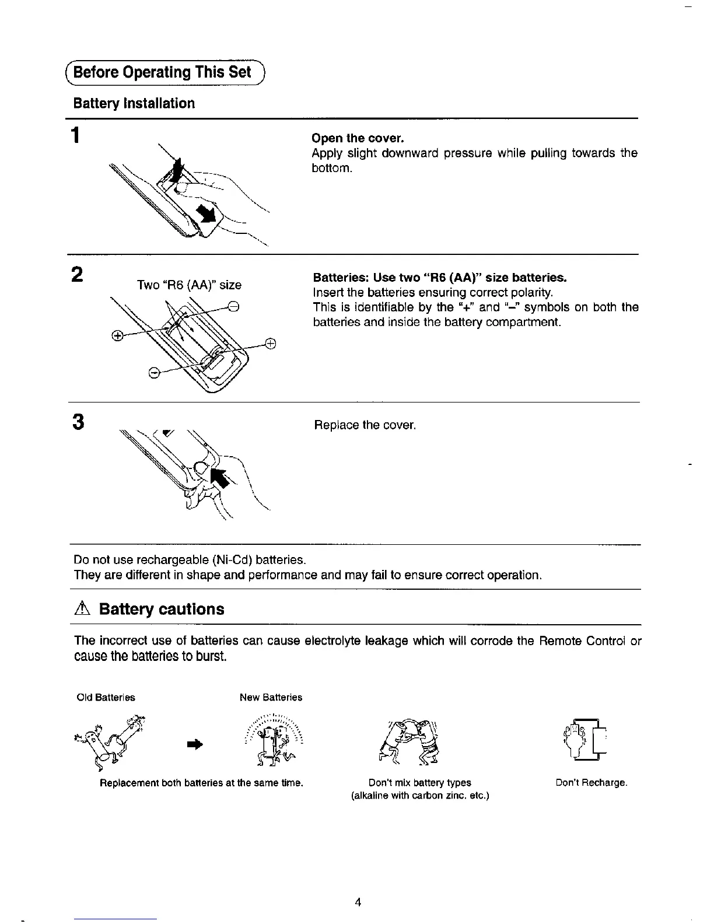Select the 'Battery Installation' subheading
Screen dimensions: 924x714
(x=134, y=104)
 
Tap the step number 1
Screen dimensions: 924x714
(x=75, y=136)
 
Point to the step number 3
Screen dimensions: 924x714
(x=76, y=421)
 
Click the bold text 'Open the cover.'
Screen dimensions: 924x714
(x=358, y=138)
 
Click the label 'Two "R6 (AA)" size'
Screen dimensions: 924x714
(x=189, y=285)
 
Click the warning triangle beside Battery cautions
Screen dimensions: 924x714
(x=82, y=610)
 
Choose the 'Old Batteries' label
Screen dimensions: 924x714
(x=106, y=698)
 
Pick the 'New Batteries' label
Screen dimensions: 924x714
(x=271, y=698)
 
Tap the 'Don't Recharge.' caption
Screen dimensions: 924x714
(x=591, y=783)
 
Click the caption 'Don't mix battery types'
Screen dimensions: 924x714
(x=419, y=783)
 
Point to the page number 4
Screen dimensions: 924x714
(x=358, y=903)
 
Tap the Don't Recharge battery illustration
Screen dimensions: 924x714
(x=585, y=739)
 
